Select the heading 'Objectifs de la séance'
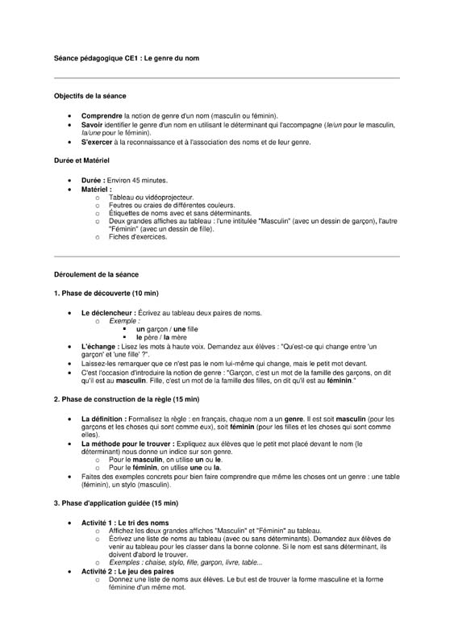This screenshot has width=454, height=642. [90, 96]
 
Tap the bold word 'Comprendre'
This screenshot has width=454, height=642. [102, 116]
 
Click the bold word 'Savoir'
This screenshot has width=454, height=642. [93, 125]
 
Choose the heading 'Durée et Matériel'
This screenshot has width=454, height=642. [81, 160]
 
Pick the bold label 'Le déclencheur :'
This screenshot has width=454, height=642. [108, 312]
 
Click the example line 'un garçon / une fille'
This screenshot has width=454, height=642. [167, 329]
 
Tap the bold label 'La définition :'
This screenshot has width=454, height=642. [104, 419]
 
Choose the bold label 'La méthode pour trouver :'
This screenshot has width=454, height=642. [122, 444]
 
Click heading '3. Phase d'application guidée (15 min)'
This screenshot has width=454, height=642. [115, 503]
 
